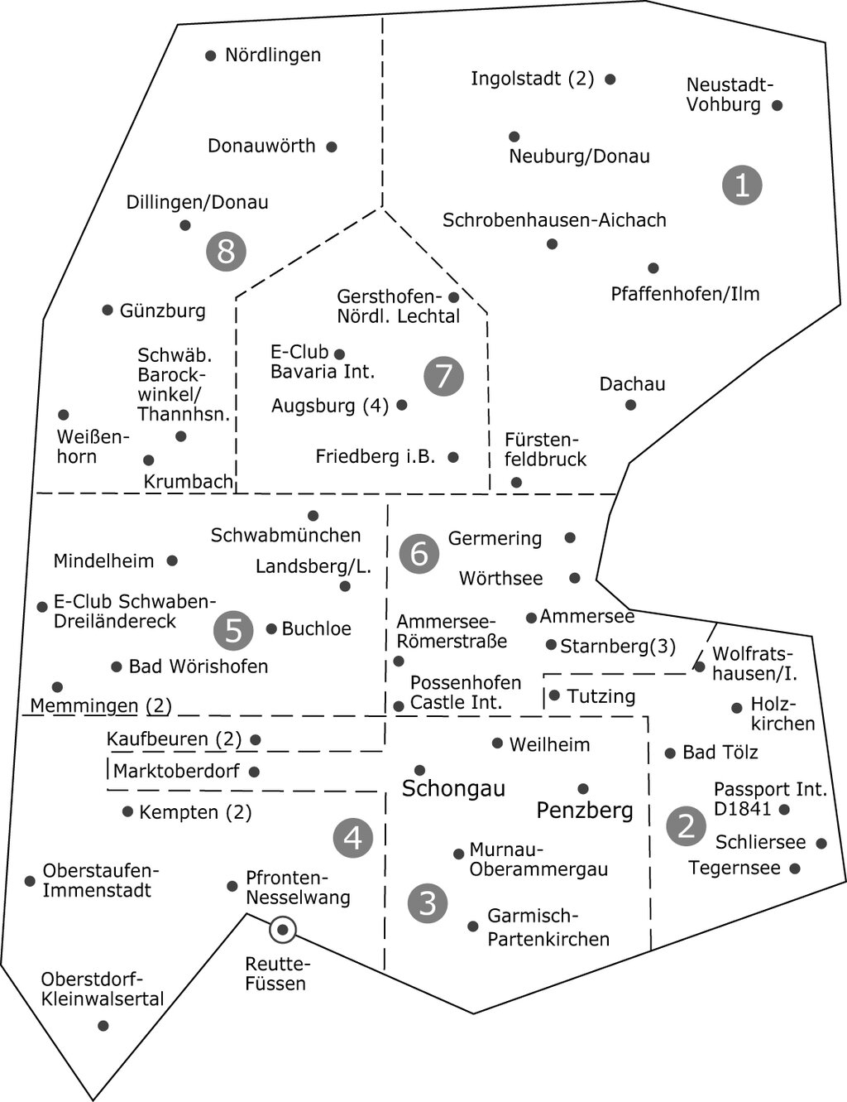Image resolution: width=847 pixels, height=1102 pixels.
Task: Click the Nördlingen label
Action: pos(272,55)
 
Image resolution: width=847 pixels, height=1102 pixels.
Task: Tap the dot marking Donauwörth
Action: pos(332,147)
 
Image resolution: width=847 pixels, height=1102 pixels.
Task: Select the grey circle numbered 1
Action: pos(741,184)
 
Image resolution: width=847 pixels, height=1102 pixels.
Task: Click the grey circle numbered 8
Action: pos(226,250)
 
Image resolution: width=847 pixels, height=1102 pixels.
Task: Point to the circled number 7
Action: pos(443,376)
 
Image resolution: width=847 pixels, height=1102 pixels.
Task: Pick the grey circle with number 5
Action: pos(233,630)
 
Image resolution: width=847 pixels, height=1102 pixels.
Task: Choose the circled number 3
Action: pos(428,902)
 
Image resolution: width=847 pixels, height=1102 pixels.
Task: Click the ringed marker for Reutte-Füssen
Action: pos(283,930)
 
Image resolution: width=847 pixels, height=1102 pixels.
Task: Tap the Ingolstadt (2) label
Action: pos(532,79)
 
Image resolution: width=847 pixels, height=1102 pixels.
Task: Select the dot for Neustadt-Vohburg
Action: pos(777,105)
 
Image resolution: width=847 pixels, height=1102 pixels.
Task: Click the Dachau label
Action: pos(632,384)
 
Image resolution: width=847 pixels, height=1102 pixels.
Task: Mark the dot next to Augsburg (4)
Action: pos(402,405)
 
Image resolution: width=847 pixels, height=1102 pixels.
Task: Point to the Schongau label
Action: pos(452,789)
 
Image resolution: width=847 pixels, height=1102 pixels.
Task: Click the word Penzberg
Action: pos(585,810)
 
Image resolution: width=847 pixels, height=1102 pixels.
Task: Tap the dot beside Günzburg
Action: pos(108,310)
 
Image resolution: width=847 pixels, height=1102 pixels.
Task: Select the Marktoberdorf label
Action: pos(176,772)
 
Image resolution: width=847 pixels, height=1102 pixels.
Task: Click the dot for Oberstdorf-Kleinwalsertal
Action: pos(103,1026)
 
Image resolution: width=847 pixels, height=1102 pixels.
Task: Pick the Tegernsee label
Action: pos(735,868)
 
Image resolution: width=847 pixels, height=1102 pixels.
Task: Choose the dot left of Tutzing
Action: pos(554,695)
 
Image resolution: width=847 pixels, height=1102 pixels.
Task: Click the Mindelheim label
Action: pos(103,561)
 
